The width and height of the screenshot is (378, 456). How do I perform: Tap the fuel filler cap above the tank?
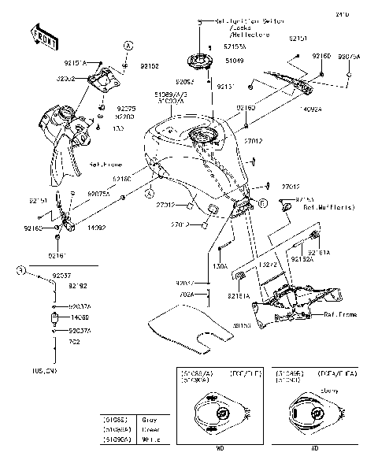pos(199,60)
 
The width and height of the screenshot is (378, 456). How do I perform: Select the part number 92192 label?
pos(65,285)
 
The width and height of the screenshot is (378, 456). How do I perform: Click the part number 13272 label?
pos(269,266)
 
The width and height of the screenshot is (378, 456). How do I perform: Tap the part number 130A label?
pos(220,267)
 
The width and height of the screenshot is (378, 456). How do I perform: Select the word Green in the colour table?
pos(150,429)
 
